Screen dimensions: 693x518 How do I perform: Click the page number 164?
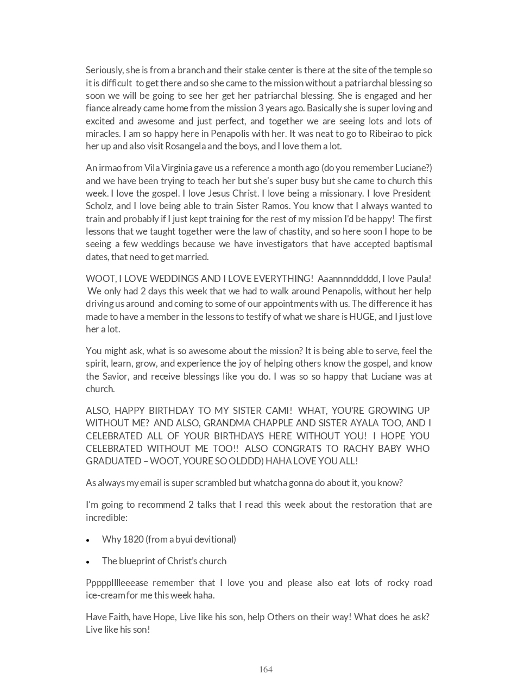click(266, 670)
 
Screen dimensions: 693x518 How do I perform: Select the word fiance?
click(98, 108)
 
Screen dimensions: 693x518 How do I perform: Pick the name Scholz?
click(99, 206)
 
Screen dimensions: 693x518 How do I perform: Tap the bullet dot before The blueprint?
click(88, 562)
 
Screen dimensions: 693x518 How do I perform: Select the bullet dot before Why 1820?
click(88, 540)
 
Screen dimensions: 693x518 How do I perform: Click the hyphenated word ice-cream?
click(105, 595)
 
